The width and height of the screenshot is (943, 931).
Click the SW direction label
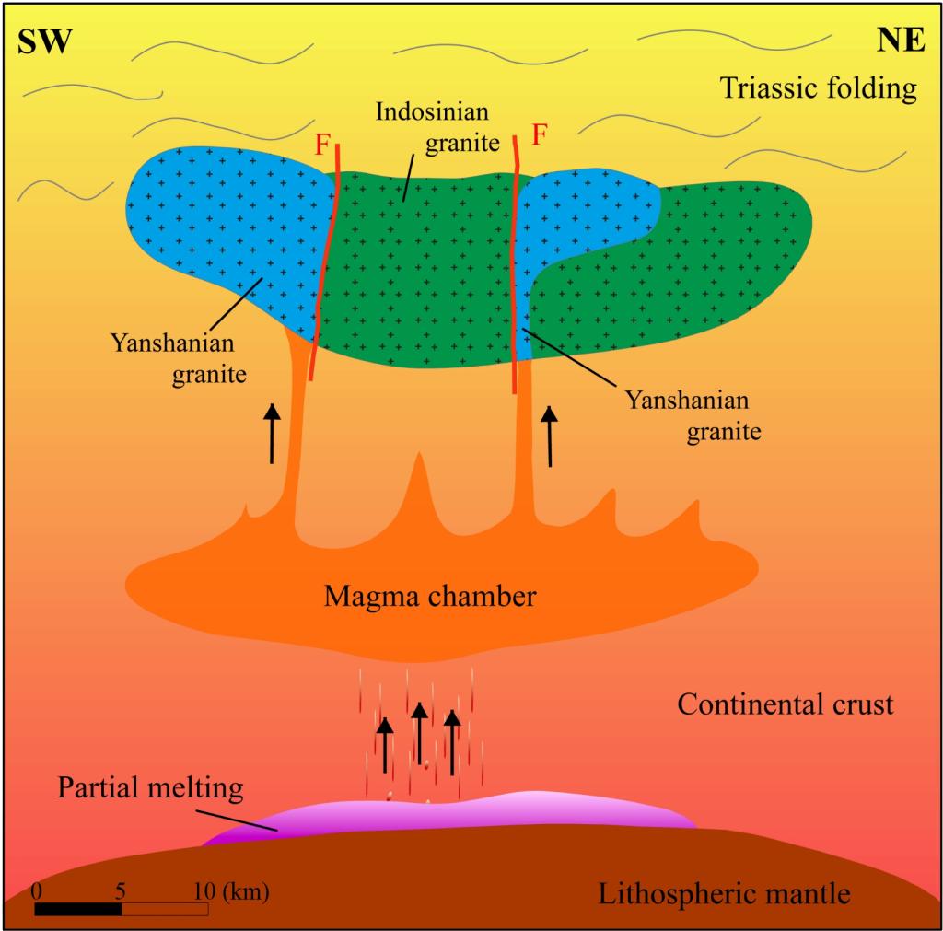tap(45, 41)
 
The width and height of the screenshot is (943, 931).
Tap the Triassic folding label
tap(819, 88)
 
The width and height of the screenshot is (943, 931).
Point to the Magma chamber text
tap(429, 597)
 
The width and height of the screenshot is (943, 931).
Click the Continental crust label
tap(786, 704)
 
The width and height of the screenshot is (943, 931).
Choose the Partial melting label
tap(150, 788)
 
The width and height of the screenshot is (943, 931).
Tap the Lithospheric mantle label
tap(724, 892)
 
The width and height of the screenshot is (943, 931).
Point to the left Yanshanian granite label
tap(172, 358)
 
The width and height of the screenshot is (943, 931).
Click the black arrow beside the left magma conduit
tap(272, 433)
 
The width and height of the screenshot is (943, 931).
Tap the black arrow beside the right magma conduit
tap(550, 436)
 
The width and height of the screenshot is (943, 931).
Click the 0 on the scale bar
tap(36, 890)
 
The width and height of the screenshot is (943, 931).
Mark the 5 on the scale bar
tap(121, 890)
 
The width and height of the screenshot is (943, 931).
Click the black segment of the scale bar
tap(78, 909)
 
